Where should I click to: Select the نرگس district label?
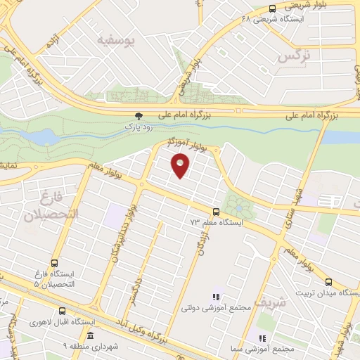(295, 56)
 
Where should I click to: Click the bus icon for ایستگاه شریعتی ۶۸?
(272, 8)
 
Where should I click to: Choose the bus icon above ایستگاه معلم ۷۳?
(216, 212)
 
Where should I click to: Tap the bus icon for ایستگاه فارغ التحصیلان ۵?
(54, 261)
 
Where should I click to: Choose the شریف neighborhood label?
(273, 303)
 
